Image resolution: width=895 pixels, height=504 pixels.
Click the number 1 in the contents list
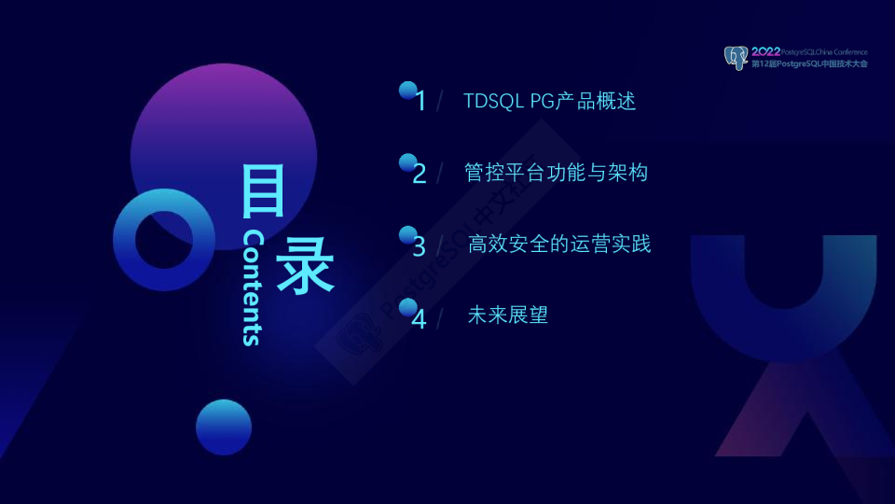click(x=421, y=101)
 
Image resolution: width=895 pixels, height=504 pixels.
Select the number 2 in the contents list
click(x=420, y=174)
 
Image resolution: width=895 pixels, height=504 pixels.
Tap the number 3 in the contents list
click(x=420, y=246)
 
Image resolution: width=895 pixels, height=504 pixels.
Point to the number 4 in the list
click(x=420, y=319)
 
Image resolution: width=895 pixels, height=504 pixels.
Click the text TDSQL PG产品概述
click(x=549, y=101)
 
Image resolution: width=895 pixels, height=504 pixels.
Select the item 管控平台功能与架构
click(x=556, y=173)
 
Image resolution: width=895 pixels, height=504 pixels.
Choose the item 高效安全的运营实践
click(x=559, y=245)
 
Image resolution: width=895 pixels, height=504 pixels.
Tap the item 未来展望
click(x=507, y=315)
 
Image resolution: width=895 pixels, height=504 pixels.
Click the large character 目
click(x=263, y=192)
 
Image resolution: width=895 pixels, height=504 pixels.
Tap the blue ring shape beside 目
click(x=164, y=239)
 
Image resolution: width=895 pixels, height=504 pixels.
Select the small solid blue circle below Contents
click(x=224, y=427)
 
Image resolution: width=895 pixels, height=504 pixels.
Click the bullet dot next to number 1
click(x=407, y=90)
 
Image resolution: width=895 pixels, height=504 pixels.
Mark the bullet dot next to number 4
click(x=407, y=307)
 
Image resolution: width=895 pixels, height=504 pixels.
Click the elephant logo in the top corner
click(x=736, y=57)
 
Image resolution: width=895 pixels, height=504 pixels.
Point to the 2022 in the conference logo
click(x=765, y=51)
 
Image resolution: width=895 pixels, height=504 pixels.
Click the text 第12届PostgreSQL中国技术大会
click(x=809, y=64)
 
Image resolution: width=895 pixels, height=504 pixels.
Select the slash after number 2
click(x=440, y=174)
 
